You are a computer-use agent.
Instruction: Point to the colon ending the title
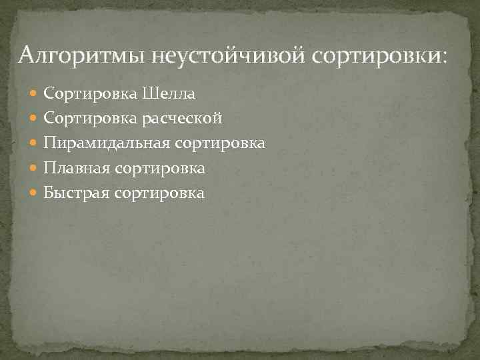445,57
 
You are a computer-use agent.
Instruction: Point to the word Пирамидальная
108,143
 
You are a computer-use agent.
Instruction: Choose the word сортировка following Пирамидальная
221,143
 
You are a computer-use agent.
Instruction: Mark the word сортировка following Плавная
160,169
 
